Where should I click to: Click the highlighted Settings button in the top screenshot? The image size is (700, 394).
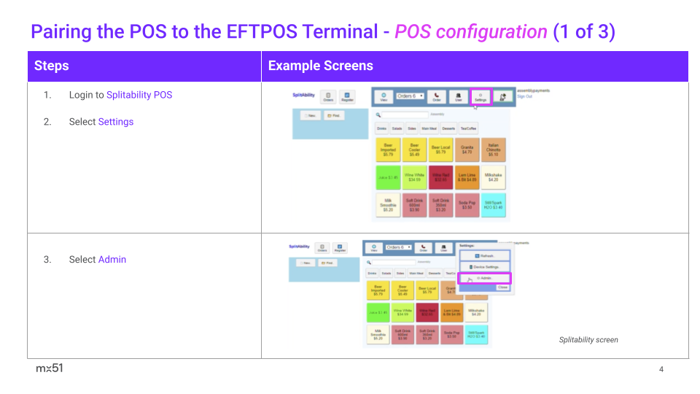481,97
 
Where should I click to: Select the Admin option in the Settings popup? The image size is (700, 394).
484,279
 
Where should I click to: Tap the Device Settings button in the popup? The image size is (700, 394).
484,267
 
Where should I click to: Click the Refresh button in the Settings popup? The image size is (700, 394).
484,255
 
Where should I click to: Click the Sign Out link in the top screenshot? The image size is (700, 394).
524,96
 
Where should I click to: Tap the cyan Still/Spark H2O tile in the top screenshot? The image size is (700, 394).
493,205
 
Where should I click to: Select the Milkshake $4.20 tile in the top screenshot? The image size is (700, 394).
493,177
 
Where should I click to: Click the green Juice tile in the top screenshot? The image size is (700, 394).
388,177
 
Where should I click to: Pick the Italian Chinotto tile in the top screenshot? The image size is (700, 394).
493,150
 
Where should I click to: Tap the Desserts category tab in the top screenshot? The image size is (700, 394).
448,128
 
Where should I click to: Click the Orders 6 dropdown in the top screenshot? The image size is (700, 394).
410,96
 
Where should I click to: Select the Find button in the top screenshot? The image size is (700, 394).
334,115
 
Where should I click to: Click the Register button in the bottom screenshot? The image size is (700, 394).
340,248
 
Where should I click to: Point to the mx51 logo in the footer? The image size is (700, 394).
50,368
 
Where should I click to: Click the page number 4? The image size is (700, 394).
661,369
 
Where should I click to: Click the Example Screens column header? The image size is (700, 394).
321,66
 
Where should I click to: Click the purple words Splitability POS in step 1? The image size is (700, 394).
139,95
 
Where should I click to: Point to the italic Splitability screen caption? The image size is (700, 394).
588,340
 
